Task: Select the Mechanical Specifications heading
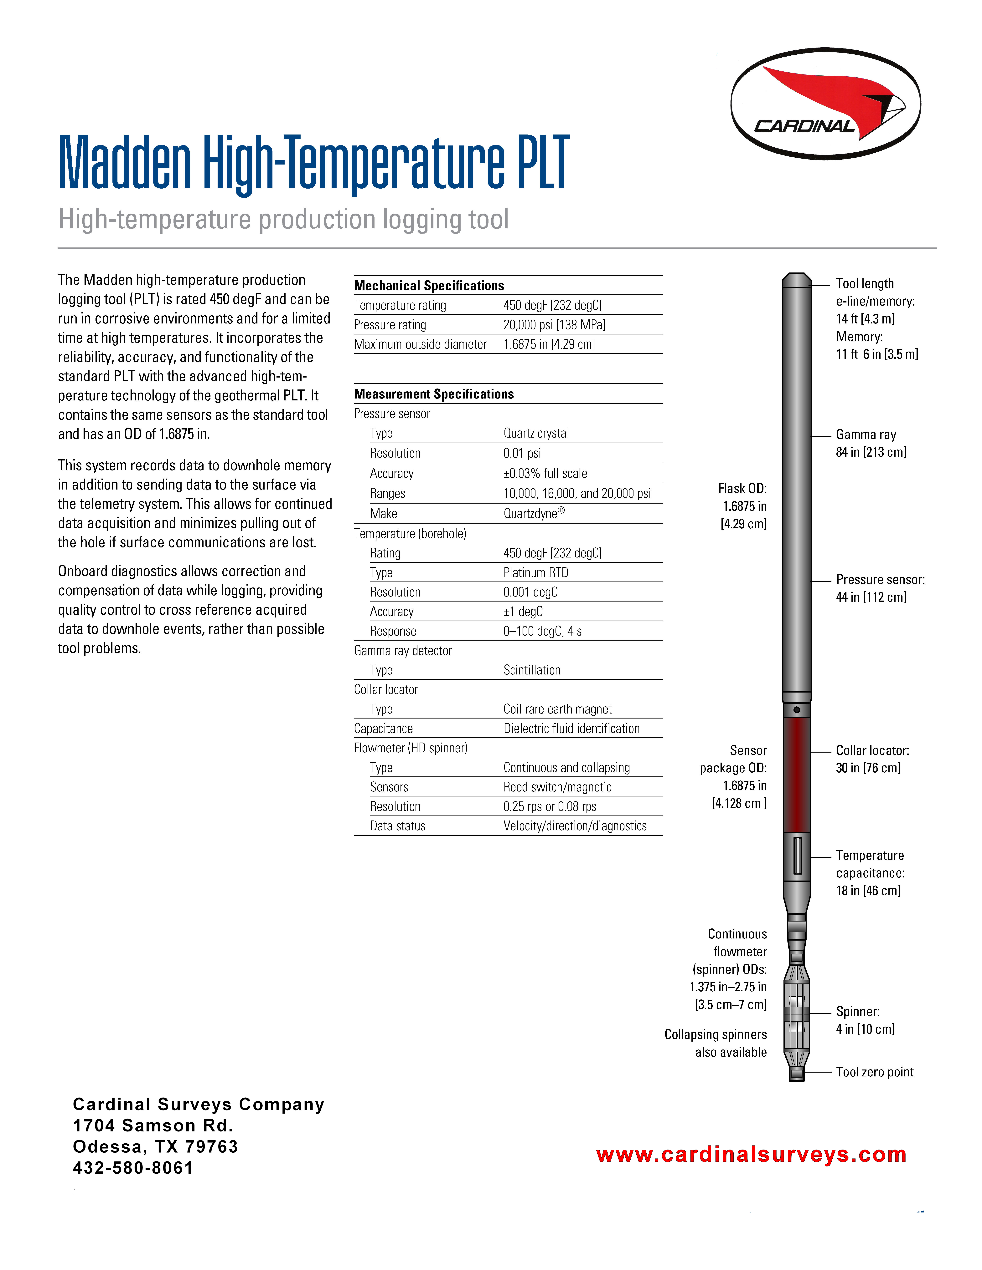tap(429, 286)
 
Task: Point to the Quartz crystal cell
tap(536, 433)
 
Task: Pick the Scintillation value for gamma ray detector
tap(532, 670)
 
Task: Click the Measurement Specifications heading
tap(433, 394)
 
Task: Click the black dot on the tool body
tap(796, 710)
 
